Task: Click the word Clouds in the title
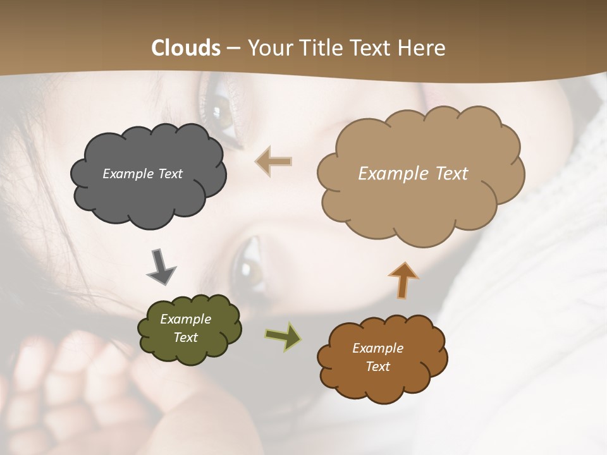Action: pos(186,48)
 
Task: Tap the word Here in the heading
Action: pos(423,48)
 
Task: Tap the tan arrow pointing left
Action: pos(273,161)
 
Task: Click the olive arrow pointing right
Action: pos(283,337)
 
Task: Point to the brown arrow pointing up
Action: pos(403,280)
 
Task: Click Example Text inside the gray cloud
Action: pos(142,174)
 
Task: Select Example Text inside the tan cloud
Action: pos(413,174)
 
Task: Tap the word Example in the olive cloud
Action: pos(185,319)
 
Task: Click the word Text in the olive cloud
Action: pos(185,337)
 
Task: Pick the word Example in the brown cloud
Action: pos(377,348)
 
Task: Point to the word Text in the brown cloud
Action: pos(377,367)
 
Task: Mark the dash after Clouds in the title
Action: pos(233,49)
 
